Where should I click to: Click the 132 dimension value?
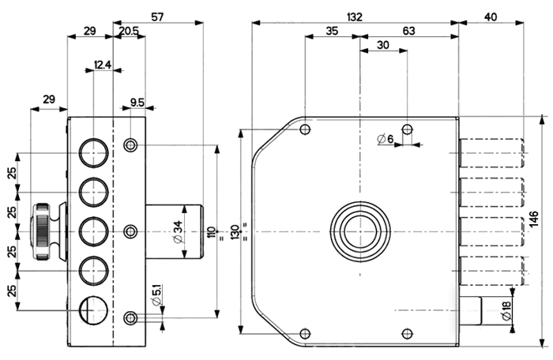click(x=355, y=17)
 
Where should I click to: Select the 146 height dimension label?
click(x=534, y=219)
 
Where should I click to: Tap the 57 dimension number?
click(x=157, y=17)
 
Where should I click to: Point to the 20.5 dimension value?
click(x=129, y=31)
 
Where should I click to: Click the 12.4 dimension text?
click(x=103, y=65)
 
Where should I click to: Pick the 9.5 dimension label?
click(x=137, y=103)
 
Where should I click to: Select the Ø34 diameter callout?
click(x=178, y=231)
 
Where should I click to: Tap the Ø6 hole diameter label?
click(x=386, y=139)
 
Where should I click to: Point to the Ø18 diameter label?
click(x=506, y=310)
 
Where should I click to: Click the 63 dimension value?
click(x=408, y=31)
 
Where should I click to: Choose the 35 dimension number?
click(x=332, y=31)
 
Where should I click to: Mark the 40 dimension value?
click(x=491, y=17)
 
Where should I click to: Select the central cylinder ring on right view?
click(x=360, y=231)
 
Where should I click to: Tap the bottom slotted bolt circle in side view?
click(x=93, y=310)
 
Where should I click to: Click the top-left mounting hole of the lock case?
click(x=305, y=129)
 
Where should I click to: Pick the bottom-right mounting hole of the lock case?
click(x=408, y=334)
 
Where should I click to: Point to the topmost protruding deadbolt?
click(x=491, y=153)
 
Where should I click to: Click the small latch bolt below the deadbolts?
click(x=470, y=310)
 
